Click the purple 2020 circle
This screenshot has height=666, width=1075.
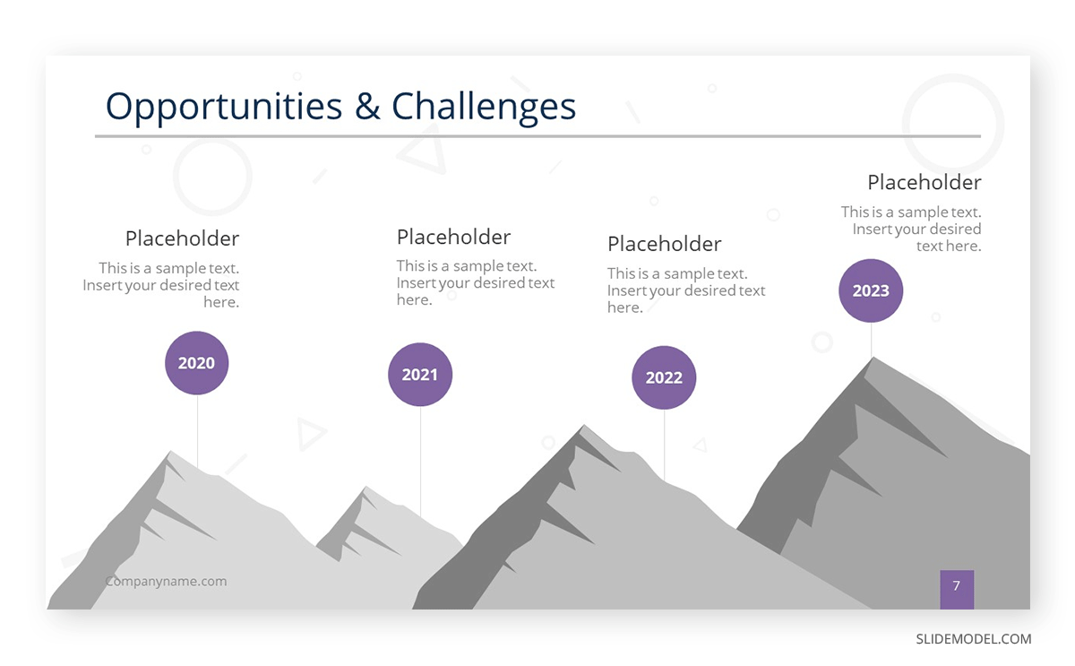197,363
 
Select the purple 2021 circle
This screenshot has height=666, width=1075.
420,375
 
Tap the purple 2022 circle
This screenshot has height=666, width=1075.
664,377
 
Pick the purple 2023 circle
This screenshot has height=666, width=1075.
871,290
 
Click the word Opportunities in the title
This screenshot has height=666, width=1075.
224,107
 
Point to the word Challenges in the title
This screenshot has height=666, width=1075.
484,107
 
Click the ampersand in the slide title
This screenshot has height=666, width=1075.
367,107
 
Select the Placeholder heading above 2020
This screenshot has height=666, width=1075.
182,238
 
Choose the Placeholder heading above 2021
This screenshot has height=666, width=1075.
453,237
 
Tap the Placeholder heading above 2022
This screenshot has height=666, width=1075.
664,244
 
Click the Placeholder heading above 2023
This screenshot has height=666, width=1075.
924,182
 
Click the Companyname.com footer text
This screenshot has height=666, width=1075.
167,582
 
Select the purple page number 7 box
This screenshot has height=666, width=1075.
956,587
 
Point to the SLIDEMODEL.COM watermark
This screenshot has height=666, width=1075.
973,639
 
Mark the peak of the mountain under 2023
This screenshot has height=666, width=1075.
872,359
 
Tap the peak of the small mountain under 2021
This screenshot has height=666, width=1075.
365,489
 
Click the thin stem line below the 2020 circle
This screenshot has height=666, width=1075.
197,430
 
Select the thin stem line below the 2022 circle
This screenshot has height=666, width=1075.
664,444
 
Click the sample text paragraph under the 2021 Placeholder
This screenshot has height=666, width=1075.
475,282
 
